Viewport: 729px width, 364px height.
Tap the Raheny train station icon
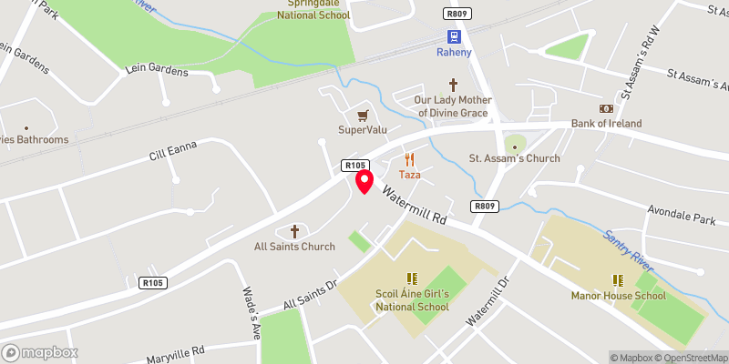click(453, 36)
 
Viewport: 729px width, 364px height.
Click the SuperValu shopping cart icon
click(363, 115)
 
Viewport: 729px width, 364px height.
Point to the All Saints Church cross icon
click(294, 231)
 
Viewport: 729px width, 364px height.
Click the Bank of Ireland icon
click(606, 108)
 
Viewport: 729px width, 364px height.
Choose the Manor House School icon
click(617, 280)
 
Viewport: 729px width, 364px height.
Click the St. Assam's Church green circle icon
click(515, 143)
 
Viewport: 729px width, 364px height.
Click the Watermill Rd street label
click(416, 207)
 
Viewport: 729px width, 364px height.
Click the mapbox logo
click(40, 352)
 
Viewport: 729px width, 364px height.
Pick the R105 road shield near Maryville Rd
click(152, 283)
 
